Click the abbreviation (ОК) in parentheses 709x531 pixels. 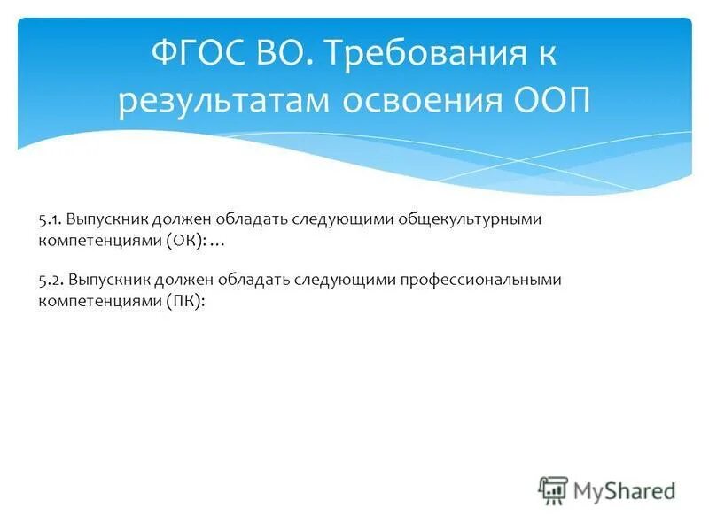pyautogui.click(x=182, y=240)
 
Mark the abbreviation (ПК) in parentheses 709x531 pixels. pyautogui.click(x=182, y=301)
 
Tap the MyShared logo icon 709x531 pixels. pyautogui.click(x=553, y=489)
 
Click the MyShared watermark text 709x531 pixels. pyautogui.click(x=624, y=489)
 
